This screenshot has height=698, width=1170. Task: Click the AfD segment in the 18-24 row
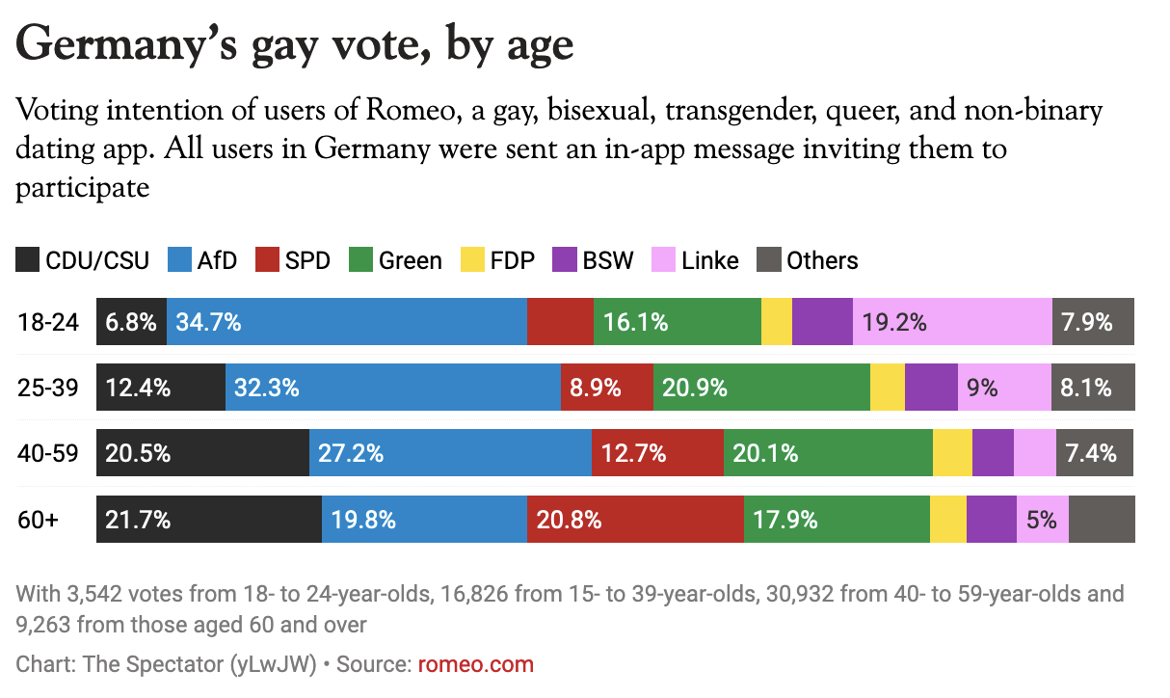click(347, 322)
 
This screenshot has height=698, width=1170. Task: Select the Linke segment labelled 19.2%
click(951, 322)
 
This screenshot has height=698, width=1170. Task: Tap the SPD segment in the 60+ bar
click(635, 520)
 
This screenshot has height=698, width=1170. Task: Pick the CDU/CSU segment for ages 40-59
click(202, 453)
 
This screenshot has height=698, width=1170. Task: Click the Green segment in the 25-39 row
click(761, 388)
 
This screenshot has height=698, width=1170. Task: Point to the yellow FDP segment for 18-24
click(777, 322)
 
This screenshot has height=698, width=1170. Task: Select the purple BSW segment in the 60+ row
click(992, 520)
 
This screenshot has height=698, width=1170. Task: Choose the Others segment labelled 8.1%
click(1093, 388)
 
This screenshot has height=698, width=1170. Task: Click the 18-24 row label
click(47, 322)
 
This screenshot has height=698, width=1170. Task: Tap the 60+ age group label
click(39, 520)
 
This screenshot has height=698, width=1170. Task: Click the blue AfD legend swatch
click(180, 260)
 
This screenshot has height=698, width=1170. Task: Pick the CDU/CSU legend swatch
click(29, 260)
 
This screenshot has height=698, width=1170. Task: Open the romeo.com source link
click(475, 664)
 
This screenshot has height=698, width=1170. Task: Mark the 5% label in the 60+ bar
click(1042, 520)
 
